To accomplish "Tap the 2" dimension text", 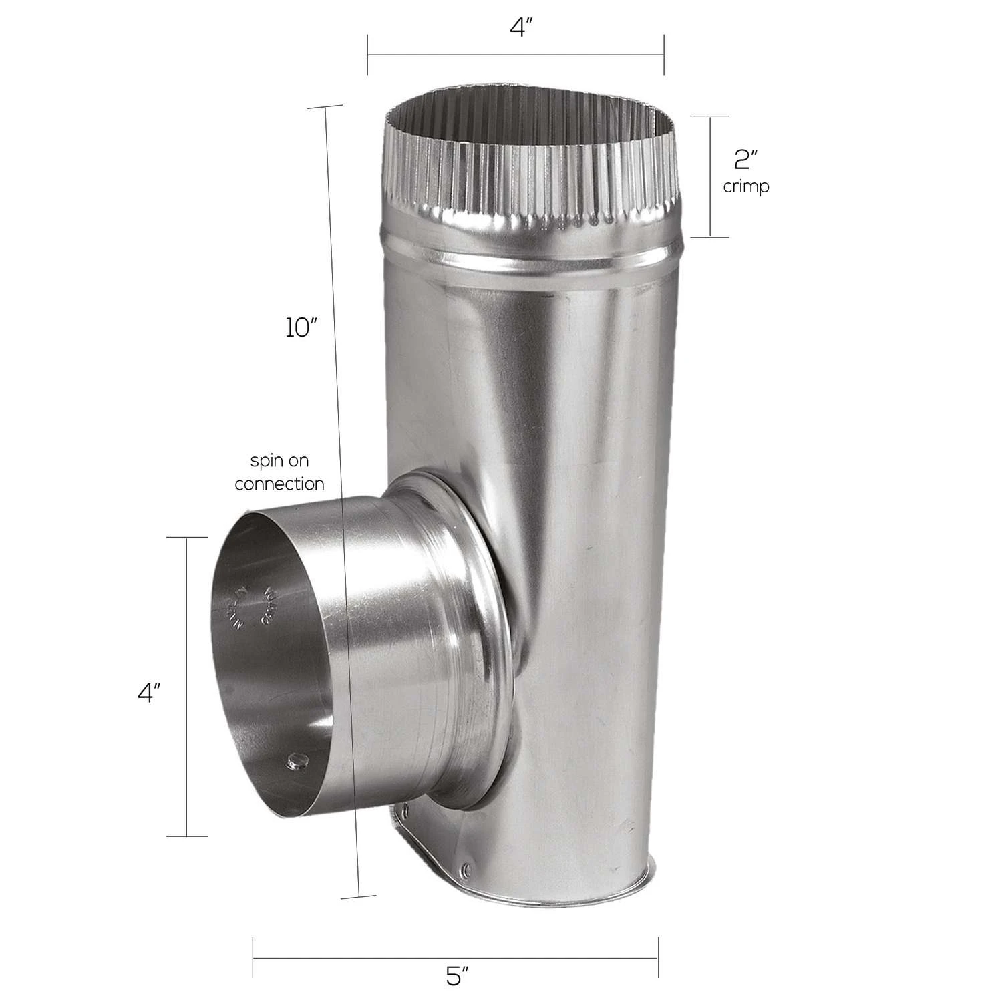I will pyautogui.click(x=745, y=160).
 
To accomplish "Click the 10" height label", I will pyautogui.click(x=300, y=328).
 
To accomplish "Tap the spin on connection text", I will pyautogui.click(x=279, y=472).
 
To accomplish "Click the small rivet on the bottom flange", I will pyautogui.click(x=466, y=869).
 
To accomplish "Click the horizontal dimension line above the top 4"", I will pyautogui.click(x=515, y=55).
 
